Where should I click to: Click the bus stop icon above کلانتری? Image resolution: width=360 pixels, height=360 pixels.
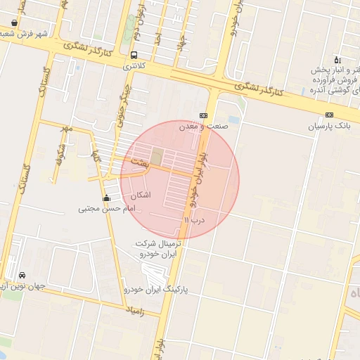(134, 55)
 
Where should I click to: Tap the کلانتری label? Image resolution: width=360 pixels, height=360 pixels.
(137, 65)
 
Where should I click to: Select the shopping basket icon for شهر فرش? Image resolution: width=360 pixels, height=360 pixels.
(14, 22)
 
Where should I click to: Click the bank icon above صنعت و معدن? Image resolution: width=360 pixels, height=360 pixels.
(204, 115)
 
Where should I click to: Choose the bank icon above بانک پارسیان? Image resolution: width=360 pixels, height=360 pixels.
(330, 115)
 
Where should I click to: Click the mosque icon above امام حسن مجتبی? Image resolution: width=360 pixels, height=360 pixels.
(106, 198)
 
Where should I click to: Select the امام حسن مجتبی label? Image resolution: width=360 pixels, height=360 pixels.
(105, 209)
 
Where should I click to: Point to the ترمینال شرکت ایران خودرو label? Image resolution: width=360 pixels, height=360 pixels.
(159, 248)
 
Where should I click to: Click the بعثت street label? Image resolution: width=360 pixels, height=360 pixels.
(138, 162)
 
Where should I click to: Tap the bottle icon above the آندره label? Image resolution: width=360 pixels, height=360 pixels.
(337, 60)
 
